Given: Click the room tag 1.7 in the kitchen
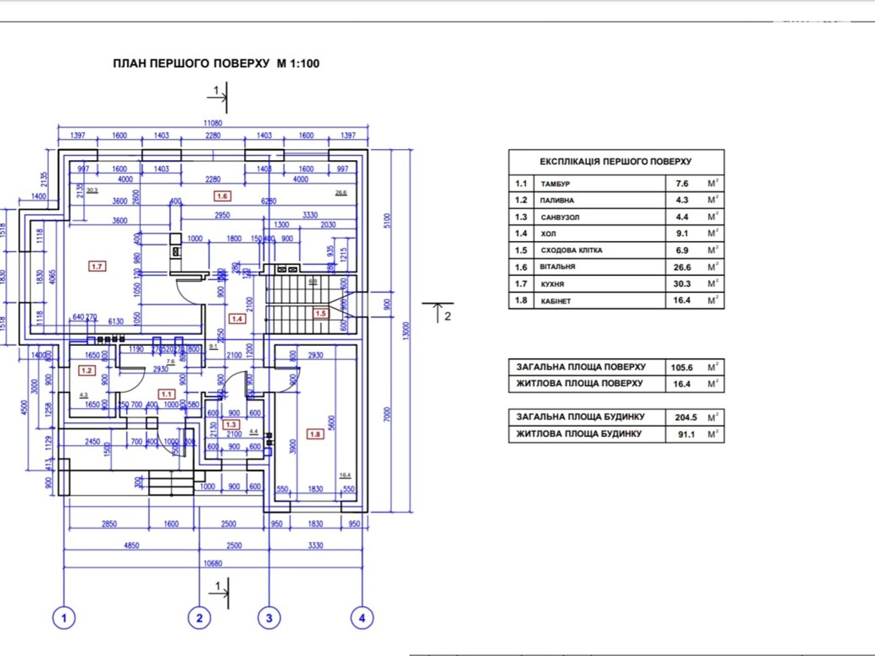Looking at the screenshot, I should coord(97,266).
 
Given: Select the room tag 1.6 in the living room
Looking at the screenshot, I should coord(221,196).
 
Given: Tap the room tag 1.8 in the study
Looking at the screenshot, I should coord(315,434).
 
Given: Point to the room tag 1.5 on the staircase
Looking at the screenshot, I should coord(320,313).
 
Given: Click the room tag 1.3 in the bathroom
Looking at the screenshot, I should coord(231,424).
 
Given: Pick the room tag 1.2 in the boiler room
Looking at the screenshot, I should coord(86,370).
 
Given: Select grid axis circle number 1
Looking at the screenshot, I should coord(64,618).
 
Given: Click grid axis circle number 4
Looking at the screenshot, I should coord(361,618).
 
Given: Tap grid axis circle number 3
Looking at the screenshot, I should coord(269,618).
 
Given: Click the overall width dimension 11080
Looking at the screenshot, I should coord(213,123).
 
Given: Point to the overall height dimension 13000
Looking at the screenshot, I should coord(405,330).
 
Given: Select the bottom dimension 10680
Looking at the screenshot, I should coord(213,563).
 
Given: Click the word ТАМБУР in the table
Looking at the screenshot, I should coord(555,184).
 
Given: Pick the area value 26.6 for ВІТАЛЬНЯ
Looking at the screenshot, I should coord(682,267).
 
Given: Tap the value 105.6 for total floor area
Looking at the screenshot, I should coord(682,367).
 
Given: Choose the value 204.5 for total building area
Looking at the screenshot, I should coord(686,417).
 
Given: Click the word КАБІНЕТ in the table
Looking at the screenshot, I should coord(556,301).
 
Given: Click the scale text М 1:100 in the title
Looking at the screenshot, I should coord(298,63).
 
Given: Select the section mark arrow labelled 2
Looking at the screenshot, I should coord(438,312).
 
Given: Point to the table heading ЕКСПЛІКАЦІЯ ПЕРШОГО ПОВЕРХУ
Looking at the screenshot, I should coord(615,162).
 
